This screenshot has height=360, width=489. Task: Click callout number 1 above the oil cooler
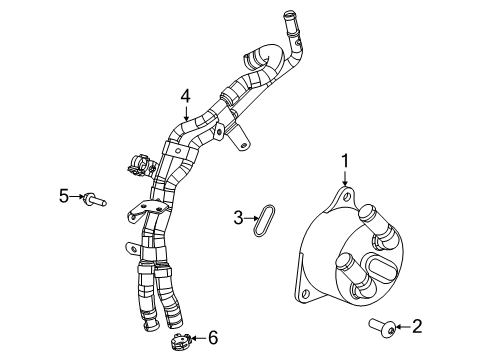tap(345, 159)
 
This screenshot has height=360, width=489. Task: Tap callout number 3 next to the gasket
tap(238, 217)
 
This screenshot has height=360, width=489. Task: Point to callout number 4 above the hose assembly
tap(185, 97)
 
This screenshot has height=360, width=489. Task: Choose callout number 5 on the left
tap(63, 197)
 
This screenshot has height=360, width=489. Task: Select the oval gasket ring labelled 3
tap(264, 221)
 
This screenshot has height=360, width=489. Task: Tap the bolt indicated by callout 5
tap(92, 198)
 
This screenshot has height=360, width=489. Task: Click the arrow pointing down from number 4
tap(185, 113)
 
